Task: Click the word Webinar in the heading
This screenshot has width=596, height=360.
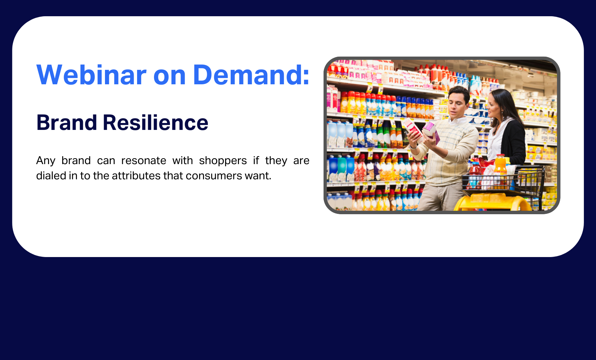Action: pyautogui.click(x=92, y=75)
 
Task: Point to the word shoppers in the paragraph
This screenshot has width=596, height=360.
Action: pyautogui.click(x=223, y=161)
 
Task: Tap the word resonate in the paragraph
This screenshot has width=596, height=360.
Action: pyautogui.click(x=144, y=161)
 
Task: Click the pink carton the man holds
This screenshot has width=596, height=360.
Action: pyautogui.click(x=431, y=132)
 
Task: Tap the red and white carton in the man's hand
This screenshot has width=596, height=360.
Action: pyautogui.click(x=413, y=129)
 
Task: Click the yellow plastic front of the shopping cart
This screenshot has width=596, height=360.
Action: pyautogui.click(x=492, y=202)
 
